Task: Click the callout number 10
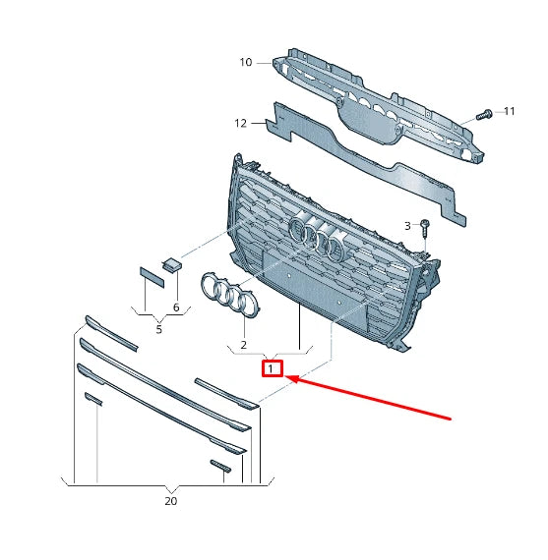[x=246, y=62]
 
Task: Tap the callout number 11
[x=509, y=111]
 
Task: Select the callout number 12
[x=241, y=123]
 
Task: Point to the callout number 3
[x=407, y=226]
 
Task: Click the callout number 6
[x=176, y=308]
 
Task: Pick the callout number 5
[x=158, y=329]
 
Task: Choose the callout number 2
[x=242, y=346]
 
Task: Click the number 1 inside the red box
[x=272, y=369]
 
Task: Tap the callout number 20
[x=170, y=500]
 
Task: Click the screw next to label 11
[x=482, y=115]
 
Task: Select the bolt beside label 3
[x=424, y=229]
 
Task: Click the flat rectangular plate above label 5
[x=152, y=274]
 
